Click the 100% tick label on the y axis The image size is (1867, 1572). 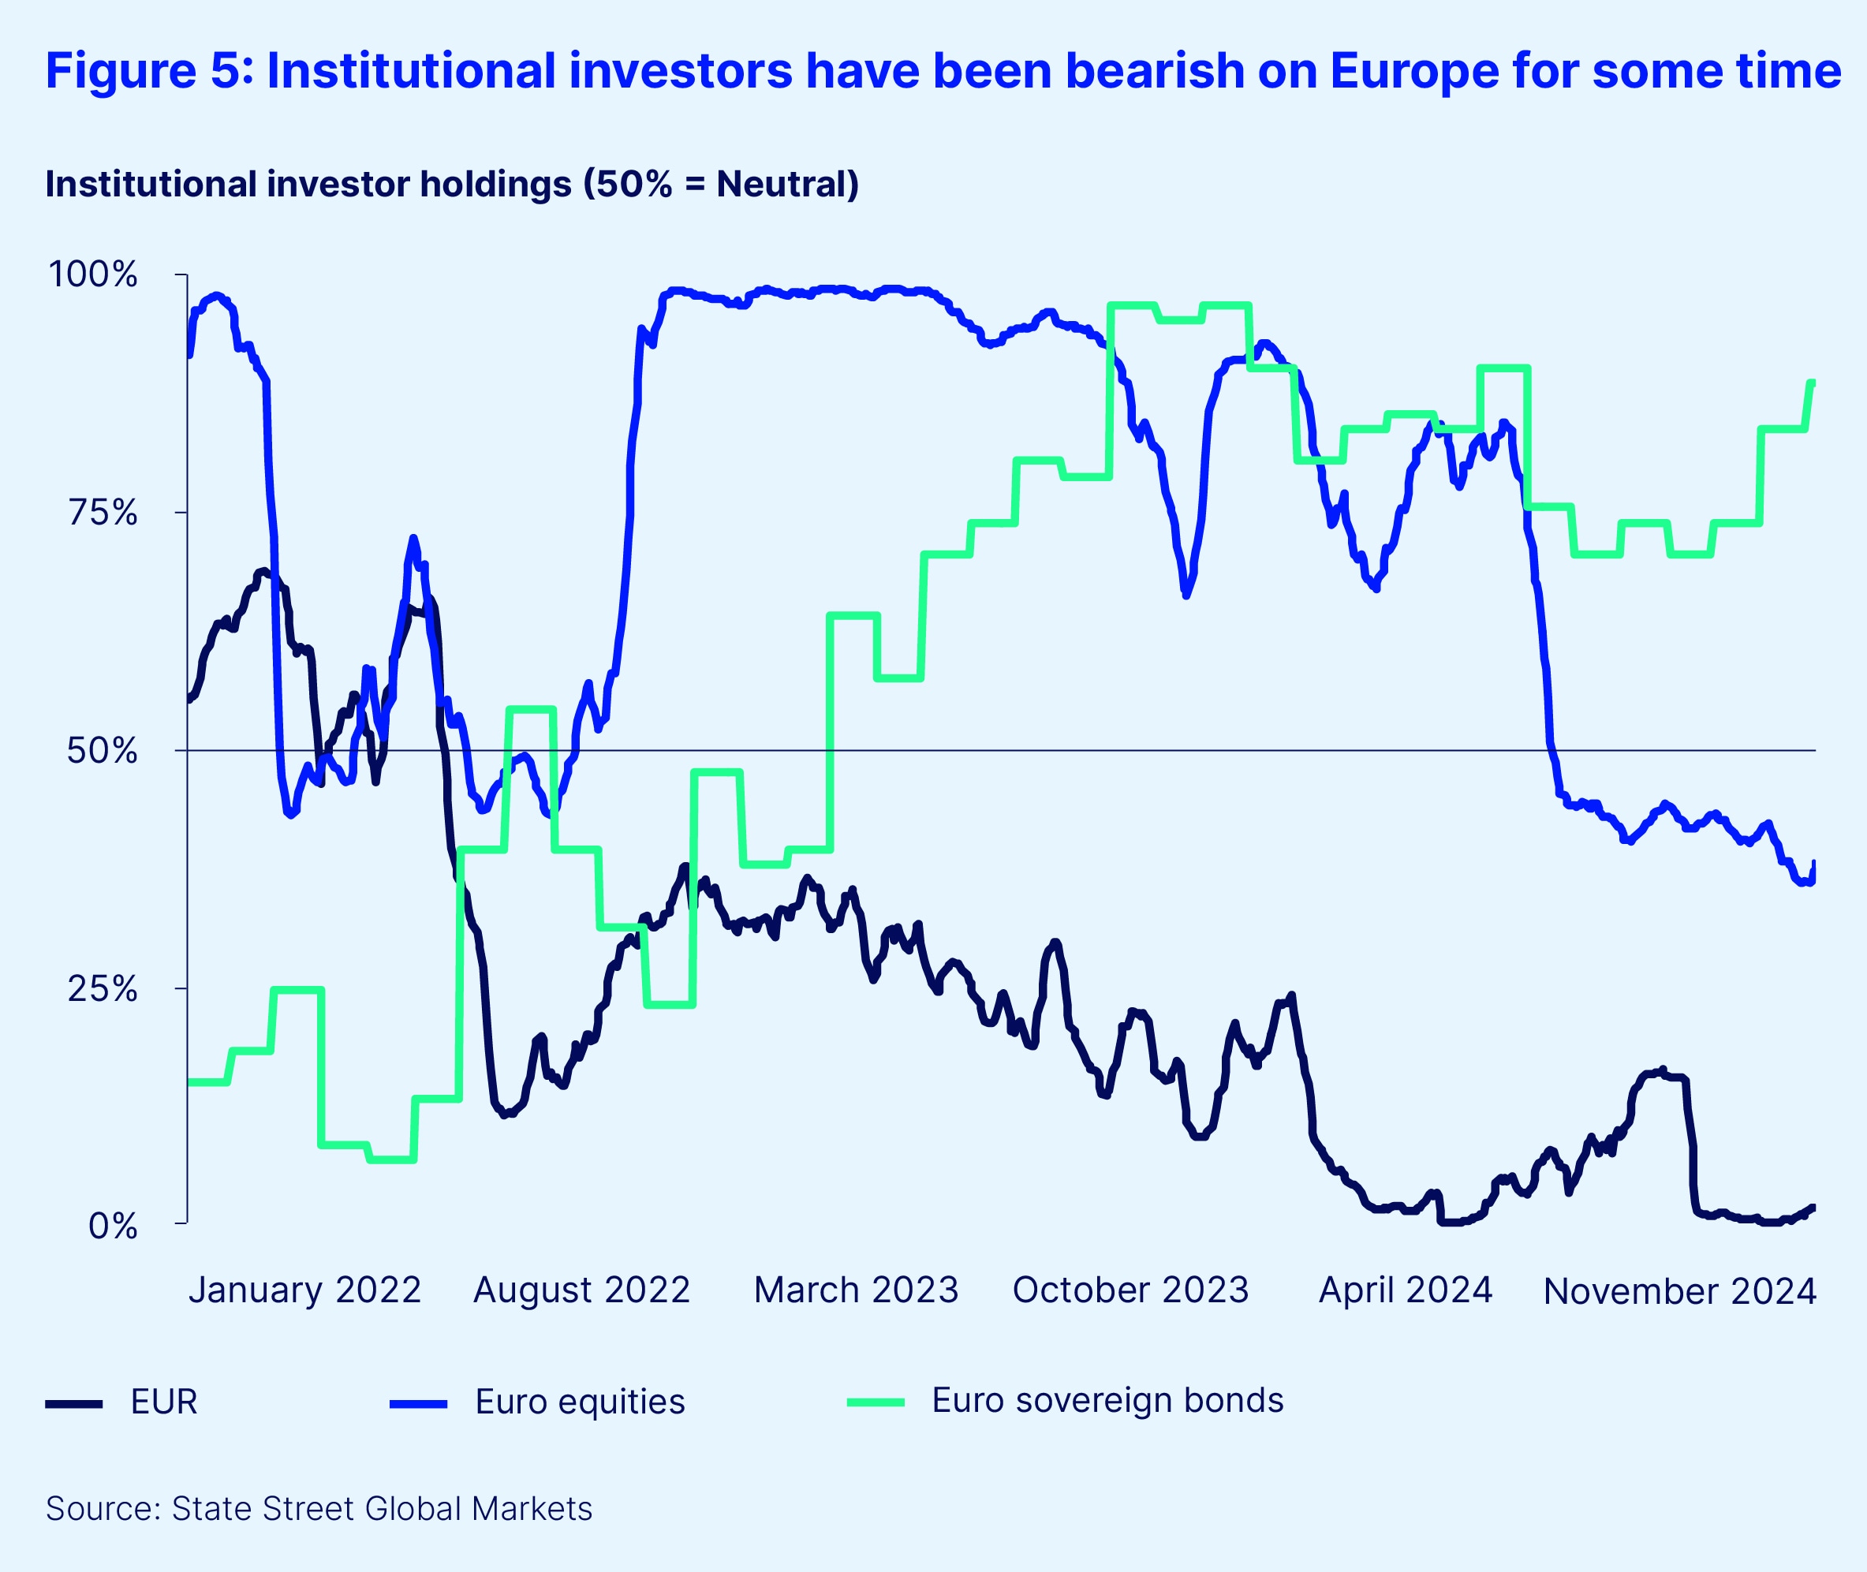(x=93, y=274)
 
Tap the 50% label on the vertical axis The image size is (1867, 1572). (x=103, y=750)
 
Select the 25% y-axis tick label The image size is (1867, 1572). (x=103, y=988)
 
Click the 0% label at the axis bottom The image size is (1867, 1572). (x=113, y=1227)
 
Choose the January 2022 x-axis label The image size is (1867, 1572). (x=304, y=1290)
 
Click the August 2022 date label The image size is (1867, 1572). (x=582, y=1290)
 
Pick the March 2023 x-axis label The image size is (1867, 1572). (x=856, y=1290)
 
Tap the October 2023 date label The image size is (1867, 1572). (x=1131, y=1290)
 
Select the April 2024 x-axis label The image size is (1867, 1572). (x=1406, y=1290)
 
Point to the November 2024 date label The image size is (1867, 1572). (x=1680, y=1291)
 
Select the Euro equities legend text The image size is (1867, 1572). (x=581, y=1402)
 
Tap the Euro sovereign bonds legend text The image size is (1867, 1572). (x=1107, y=1400)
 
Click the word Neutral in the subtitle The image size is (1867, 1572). (x=782, y=184)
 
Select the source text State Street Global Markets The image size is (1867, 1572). (x=382, y=1509)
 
